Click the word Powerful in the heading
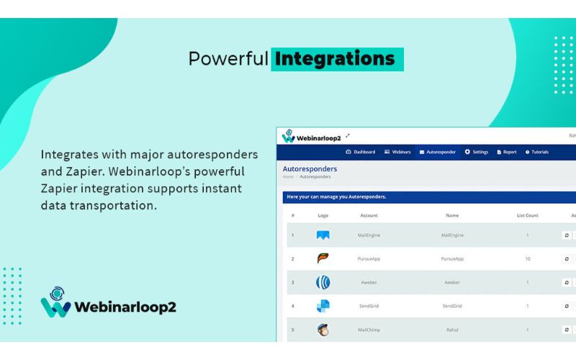[228, 58]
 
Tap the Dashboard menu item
[361, 152]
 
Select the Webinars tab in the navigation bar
[397, 152]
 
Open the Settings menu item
[477, 152]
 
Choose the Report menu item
[507, 152]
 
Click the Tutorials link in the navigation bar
[537, 152]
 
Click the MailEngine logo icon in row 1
[323, 235]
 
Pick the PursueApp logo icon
[323, 258]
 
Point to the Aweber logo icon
[323, 282]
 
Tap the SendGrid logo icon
[323, 306]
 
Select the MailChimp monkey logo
[323, 330]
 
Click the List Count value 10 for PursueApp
[528, 258]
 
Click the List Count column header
[528, 215]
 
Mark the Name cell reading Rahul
[452, 330]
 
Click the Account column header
[369, 215]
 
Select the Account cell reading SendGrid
[369, 306]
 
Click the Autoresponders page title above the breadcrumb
[310, 169]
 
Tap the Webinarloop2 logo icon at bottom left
[55, 302]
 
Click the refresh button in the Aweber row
[566, 282]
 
